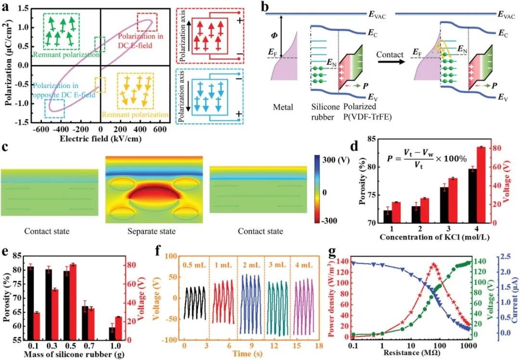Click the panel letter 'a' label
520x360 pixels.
[x=8, y=7]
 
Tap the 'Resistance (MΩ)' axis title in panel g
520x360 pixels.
[x=404, y=352]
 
